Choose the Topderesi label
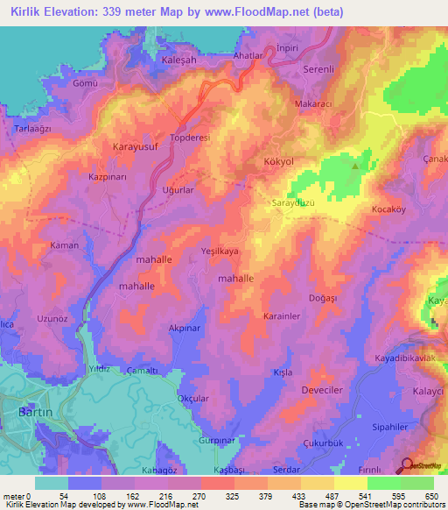point(191,138)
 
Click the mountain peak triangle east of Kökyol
point(355,164)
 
